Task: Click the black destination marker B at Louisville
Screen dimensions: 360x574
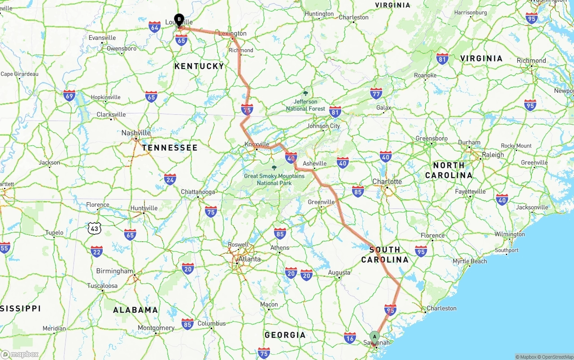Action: click(179, 20)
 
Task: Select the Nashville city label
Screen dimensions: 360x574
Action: click(136, 133)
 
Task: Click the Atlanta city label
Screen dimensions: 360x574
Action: click(249, 259)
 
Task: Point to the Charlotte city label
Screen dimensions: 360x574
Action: click(387, 182)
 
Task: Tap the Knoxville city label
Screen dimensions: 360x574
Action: click(257, 144)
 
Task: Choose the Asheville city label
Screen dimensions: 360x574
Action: click(315, 164)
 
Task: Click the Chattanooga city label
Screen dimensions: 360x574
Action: click(198, 192)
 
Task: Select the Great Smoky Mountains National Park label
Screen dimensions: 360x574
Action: click(274, 179)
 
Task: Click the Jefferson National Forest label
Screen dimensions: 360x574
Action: click(306, 105)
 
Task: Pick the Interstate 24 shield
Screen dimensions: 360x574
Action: click(170, 179)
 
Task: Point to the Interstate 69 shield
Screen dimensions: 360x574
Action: click(70, 95)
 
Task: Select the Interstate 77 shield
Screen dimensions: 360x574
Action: click(376, 93)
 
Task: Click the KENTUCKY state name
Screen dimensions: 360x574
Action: click(199, 66)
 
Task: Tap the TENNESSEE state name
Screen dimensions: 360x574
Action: click(170, 147)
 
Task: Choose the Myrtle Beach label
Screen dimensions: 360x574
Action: click(470, 261)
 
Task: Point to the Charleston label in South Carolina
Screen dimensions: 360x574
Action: click(442, 308)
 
